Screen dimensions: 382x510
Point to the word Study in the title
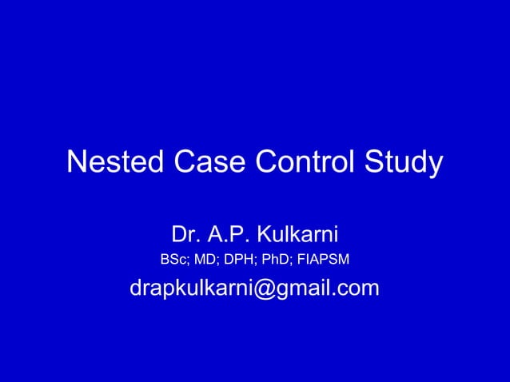point(403,165)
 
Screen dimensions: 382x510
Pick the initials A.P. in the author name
point(229,235)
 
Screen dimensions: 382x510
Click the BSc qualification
point(175,260)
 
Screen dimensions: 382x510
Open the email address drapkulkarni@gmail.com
point(254,288)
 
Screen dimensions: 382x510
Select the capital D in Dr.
point(178,235)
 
